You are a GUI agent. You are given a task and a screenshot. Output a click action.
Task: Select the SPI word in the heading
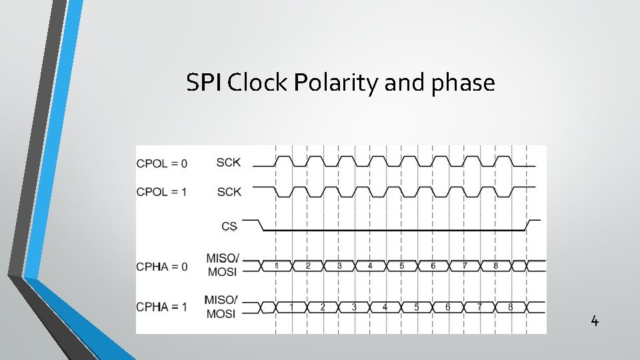[205, 83]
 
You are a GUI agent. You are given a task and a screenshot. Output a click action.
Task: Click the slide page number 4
[595, 322]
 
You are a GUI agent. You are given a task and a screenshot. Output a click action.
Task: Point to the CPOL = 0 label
[162, 163]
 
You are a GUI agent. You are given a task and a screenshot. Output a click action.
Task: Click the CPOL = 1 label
[162, 192]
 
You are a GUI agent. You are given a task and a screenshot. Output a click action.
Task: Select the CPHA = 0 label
[162, 267]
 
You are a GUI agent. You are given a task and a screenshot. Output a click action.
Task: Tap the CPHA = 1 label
[162, 307]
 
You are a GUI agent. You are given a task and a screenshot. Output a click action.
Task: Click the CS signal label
[229, 227]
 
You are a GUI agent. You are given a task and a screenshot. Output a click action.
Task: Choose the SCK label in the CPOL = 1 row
[229, 192]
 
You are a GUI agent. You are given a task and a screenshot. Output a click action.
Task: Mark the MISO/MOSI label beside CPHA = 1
[222, 307]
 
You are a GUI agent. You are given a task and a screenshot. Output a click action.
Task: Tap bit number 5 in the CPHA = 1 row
[417, 307]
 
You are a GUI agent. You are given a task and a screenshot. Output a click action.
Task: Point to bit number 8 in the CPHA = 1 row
[510, 307]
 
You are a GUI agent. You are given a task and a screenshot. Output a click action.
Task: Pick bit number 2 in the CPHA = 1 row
[323, 307]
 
